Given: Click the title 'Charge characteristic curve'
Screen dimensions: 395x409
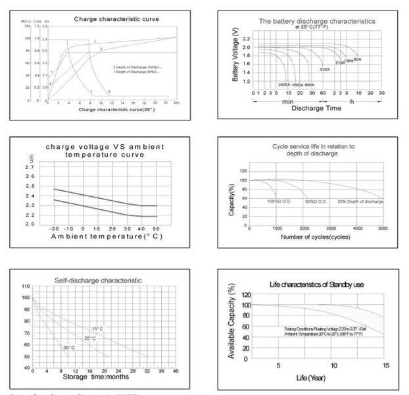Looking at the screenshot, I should tap(111, 19).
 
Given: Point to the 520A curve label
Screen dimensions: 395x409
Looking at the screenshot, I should tap(325, 69).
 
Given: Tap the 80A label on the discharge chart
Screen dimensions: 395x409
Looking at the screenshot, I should tap(357, 59).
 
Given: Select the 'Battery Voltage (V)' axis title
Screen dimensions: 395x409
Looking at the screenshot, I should tap(235, 58).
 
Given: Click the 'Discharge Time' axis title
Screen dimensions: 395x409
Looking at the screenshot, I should tap(316, 107).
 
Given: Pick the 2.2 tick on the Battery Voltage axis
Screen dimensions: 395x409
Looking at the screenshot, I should tap(247, 39).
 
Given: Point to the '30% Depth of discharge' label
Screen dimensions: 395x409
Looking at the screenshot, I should tap(360, 201).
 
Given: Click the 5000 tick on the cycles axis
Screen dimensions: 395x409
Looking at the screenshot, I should tap(383, 229).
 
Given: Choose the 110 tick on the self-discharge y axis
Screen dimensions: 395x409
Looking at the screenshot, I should tap(26, 287).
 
